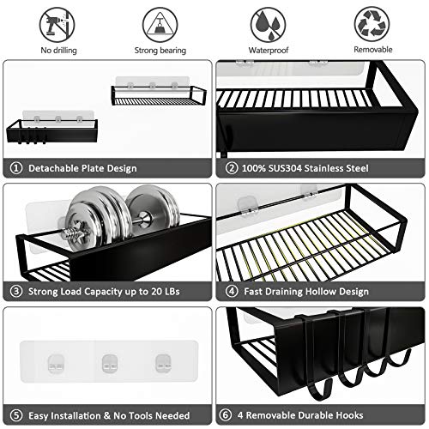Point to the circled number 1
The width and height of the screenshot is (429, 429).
click(x=15, y=168)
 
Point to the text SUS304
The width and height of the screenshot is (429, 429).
click(x=289, y=168)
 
